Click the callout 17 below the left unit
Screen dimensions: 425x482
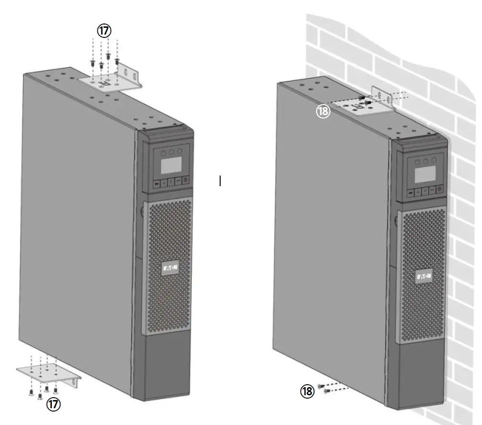(x=53, y=404)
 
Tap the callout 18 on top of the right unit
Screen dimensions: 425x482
(x=323, y=111)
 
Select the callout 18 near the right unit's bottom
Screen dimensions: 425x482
(x=307, y=391)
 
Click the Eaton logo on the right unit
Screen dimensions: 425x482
(x=424, y=277)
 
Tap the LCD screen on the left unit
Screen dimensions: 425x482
(x=171, y=165)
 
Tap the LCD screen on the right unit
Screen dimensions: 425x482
(x=425, y=174)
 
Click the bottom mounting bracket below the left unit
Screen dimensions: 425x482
(x=48, y=372)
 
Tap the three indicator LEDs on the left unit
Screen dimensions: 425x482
(x=171, y=151)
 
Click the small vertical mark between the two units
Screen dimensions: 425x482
(x=220, y=181)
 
